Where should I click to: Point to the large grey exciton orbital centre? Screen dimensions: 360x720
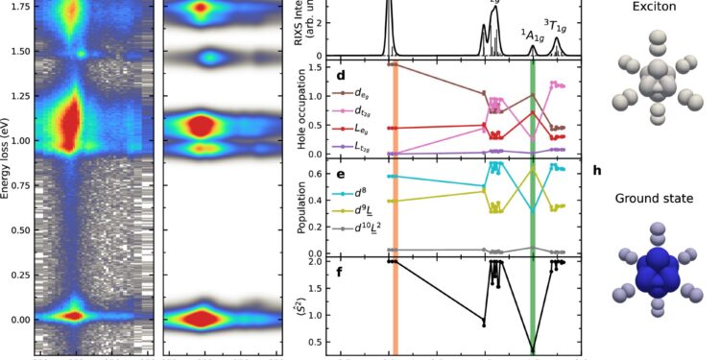click(657, 82)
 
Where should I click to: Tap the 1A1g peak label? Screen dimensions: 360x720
click(532, 35)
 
